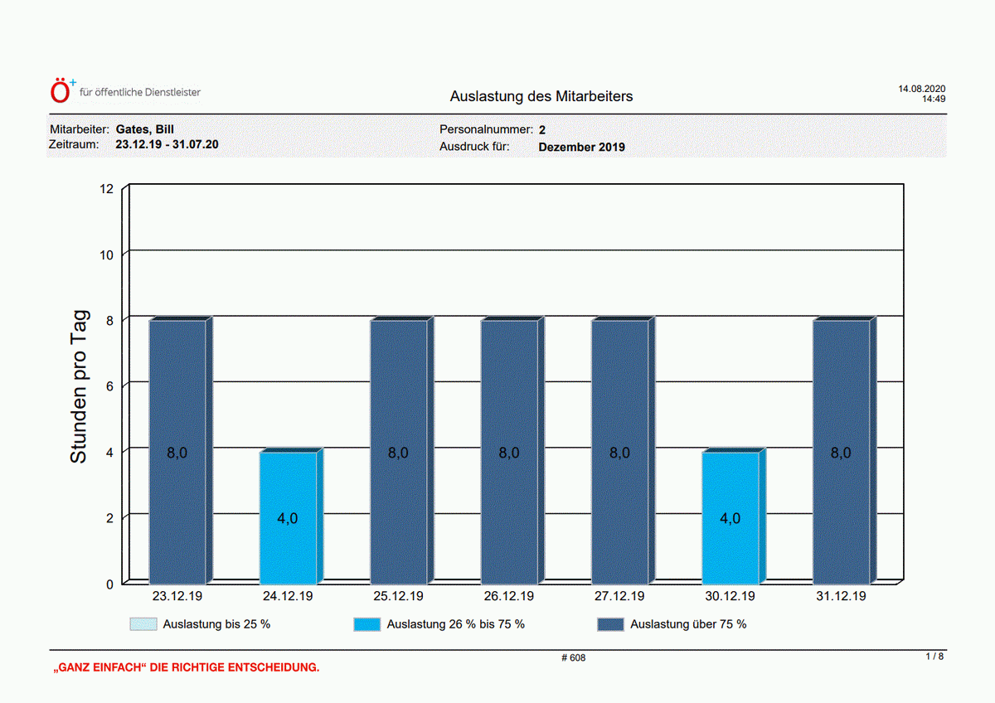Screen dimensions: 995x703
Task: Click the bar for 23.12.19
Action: [x=181, y=450]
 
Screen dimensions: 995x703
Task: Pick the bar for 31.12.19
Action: [x=844, y=450]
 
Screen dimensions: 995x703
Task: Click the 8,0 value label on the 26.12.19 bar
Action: [x=508, y=453]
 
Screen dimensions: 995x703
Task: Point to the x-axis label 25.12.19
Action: [x=398, y=596]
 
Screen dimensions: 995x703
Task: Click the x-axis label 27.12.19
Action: [x=619, y=596]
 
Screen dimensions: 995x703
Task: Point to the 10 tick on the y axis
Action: [x=106, y=255]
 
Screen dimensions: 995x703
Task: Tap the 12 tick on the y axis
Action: [x=106, y=189]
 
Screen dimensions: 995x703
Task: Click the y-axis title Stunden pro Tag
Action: [x=79, y=387]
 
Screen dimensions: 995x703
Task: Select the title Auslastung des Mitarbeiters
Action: [x=541, y=96]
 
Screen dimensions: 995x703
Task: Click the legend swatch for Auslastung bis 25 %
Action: [x=143, y=624]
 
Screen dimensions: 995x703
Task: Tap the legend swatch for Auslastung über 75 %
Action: [x=610, y=624]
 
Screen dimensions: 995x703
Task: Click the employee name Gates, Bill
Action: [x=145, y=129]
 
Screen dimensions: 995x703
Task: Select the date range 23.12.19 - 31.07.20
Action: [x=167, y=144]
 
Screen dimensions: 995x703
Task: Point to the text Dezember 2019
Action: [x=581, y=147]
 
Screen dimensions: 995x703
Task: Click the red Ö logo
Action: [x=60, y=91]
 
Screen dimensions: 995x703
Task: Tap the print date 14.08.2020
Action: [x=922, y=89]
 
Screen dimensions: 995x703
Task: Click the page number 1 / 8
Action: [x=934, y=657]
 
